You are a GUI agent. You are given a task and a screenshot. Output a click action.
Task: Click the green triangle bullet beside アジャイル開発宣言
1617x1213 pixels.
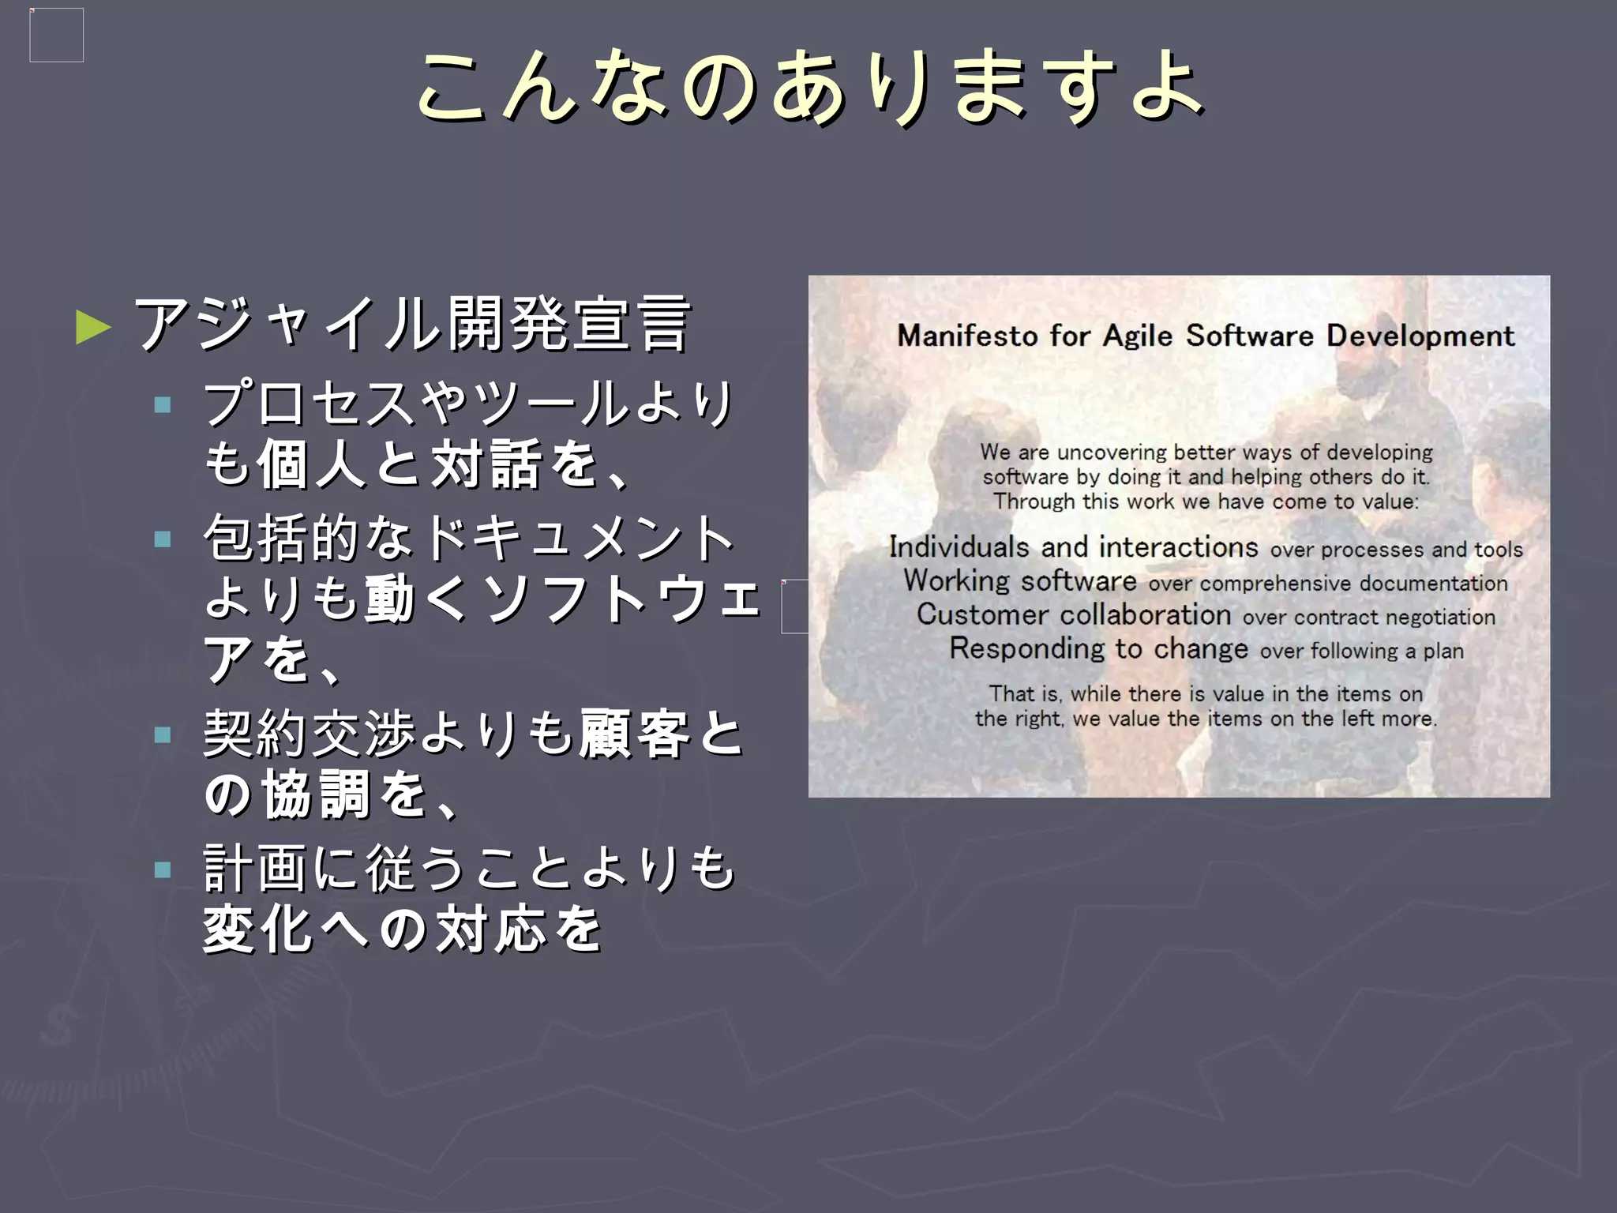(x=93, y=327)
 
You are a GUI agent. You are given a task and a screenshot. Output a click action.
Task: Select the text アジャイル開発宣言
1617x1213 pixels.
(x=412, y=324)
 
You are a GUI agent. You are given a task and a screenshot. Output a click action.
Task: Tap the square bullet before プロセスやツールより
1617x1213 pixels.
(x=163, y=406)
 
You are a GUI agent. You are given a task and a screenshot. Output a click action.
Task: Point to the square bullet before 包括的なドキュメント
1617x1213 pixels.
(x=163, y=539)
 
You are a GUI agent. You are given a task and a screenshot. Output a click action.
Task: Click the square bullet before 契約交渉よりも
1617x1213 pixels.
(x=163, y=735)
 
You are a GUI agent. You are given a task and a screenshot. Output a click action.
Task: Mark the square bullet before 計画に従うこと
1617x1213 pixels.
(x=163, y=869)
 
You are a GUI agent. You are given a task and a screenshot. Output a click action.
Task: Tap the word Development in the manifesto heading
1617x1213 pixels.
(x=1420, y=336)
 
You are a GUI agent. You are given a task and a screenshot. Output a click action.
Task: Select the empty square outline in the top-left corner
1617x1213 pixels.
(x=56, y=35)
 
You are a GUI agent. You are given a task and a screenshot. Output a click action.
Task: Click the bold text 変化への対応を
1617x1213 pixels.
(x=403, y=929)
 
